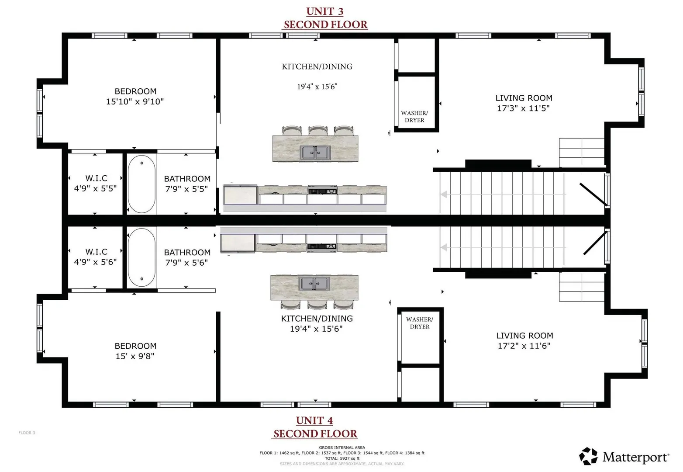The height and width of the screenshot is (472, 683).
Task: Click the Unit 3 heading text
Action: [x=325, y=12]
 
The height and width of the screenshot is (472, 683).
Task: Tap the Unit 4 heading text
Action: [x=314, y=421]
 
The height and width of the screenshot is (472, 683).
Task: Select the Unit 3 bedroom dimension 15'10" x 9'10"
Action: [x=135, y=101]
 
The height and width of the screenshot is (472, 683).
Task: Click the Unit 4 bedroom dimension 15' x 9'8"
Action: [x=135, y=356]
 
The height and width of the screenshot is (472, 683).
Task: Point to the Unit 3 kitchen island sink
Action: [x=315, y=153]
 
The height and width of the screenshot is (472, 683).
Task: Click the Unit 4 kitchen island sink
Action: [x=314, y=284]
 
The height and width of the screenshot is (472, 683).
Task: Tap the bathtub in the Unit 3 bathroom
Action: [x=141, y=184]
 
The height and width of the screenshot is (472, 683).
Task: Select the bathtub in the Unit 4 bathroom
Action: [x=141, y=257]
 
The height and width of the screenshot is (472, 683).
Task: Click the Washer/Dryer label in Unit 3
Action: [x=414, y=117]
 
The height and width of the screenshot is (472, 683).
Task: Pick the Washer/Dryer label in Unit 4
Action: [x=420, y=323]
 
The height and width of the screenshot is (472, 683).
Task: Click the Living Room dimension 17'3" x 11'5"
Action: [x=523, y=108]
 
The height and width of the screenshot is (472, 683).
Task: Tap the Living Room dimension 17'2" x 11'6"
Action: [x=524, y=346]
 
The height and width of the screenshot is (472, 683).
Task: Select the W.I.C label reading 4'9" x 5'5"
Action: [x=96, y=184]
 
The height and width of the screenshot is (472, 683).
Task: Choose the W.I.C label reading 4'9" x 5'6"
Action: [x=96, y=257]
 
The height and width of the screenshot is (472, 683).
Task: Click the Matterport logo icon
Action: [x=588, y=456]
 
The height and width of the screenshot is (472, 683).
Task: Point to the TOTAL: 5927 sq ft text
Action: [x=342, y=458]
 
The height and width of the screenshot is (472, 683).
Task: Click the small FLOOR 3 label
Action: [x=27, y=433]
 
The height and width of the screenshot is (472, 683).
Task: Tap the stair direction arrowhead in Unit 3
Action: [x=444, y=194]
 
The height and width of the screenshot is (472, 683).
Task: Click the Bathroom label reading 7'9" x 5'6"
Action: [x=187, y=257]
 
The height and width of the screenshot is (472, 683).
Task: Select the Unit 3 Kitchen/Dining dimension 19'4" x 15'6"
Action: [x=317, y=87]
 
